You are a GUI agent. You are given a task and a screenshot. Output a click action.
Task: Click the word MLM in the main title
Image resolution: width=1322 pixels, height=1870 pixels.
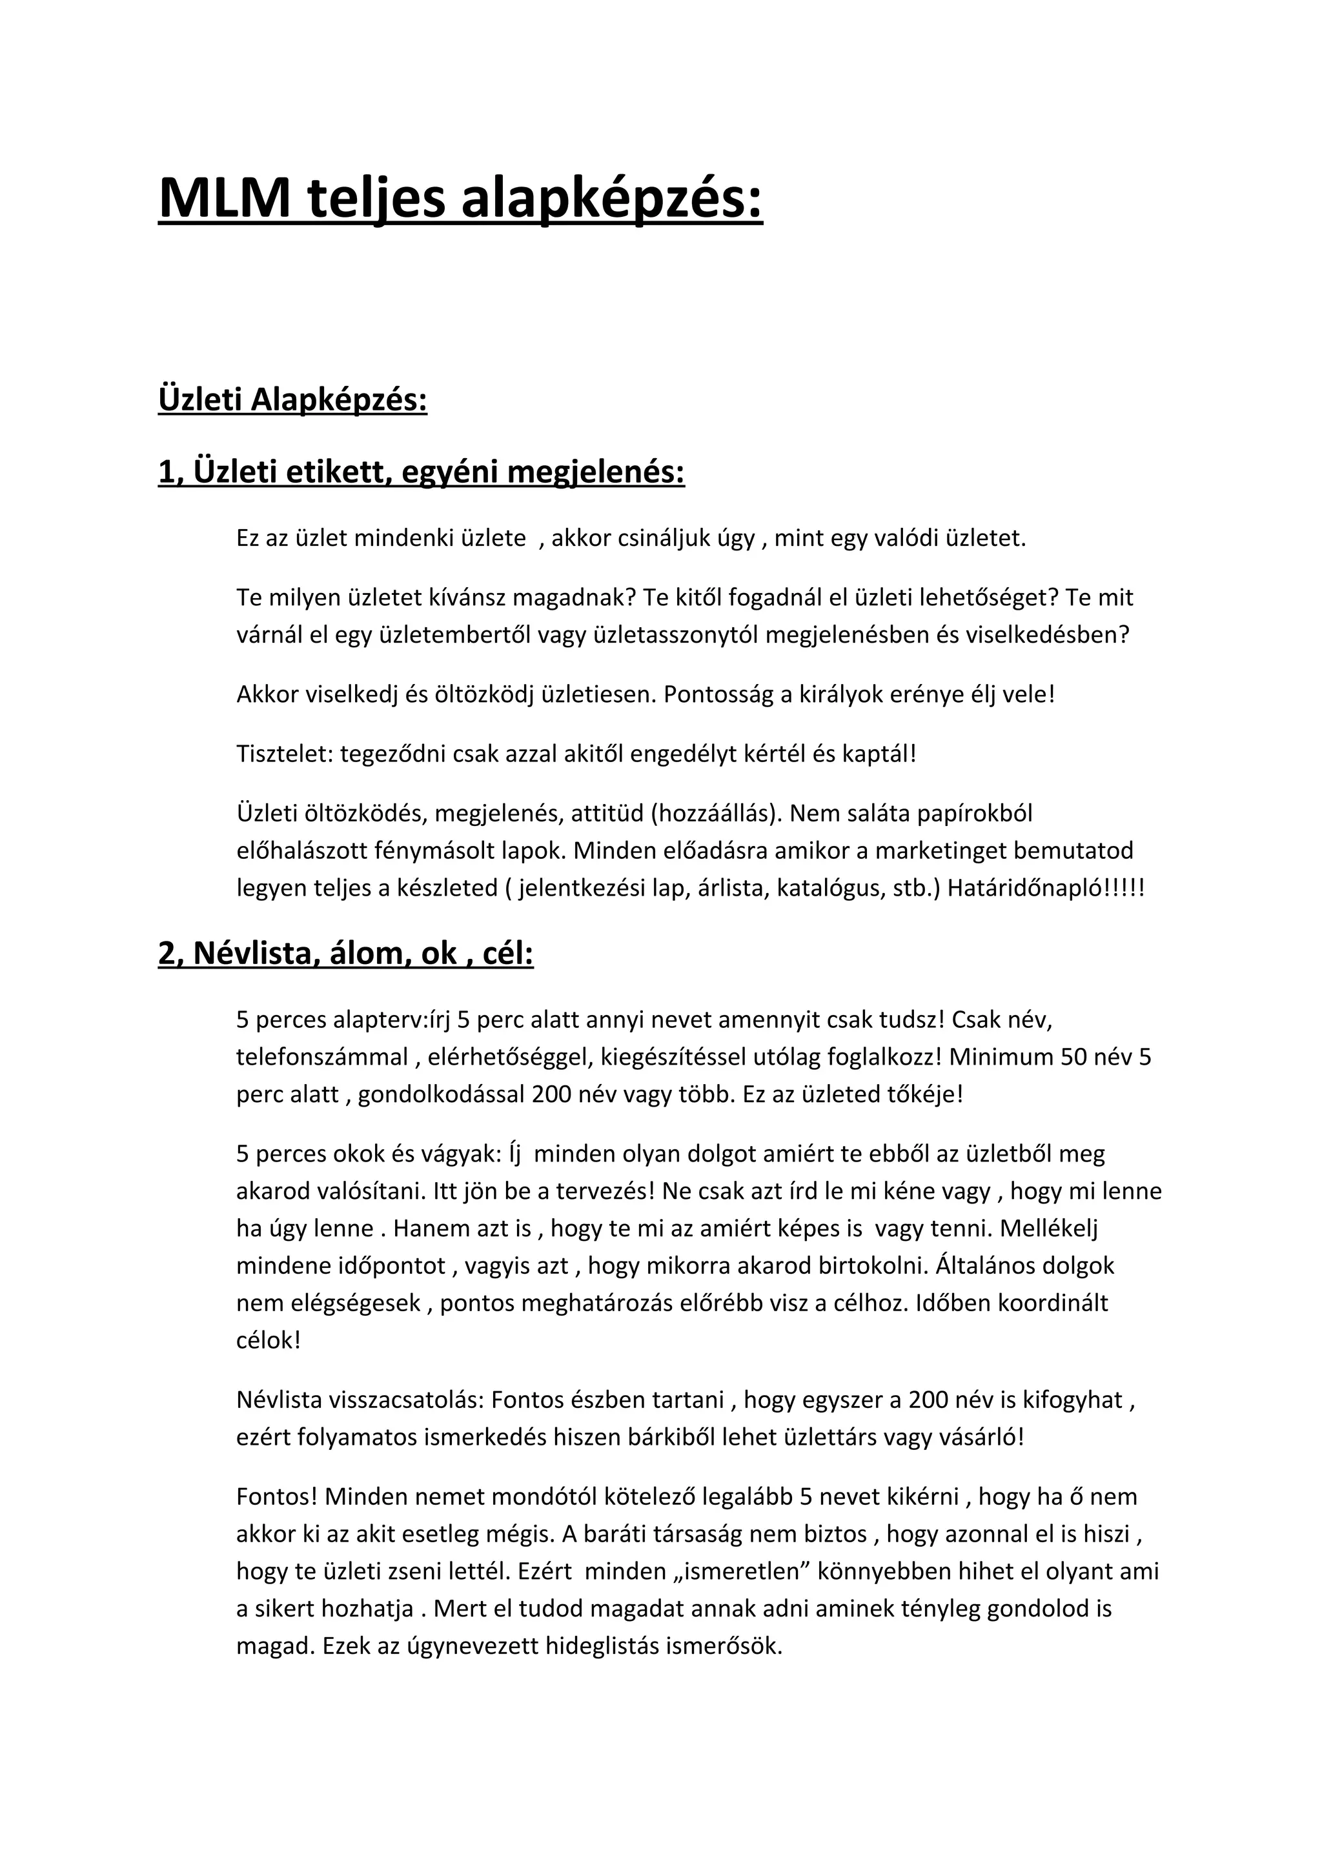(x=225, y=198)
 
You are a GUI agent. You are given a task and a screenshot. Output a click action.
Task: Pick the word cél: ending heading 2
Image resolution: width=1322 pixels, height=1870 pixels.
(x=507, y=953)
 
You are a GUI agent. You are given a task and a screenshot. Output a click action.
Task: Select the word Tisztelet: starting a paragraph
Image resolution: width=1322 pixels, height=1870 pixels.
(x=285, y=754)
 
